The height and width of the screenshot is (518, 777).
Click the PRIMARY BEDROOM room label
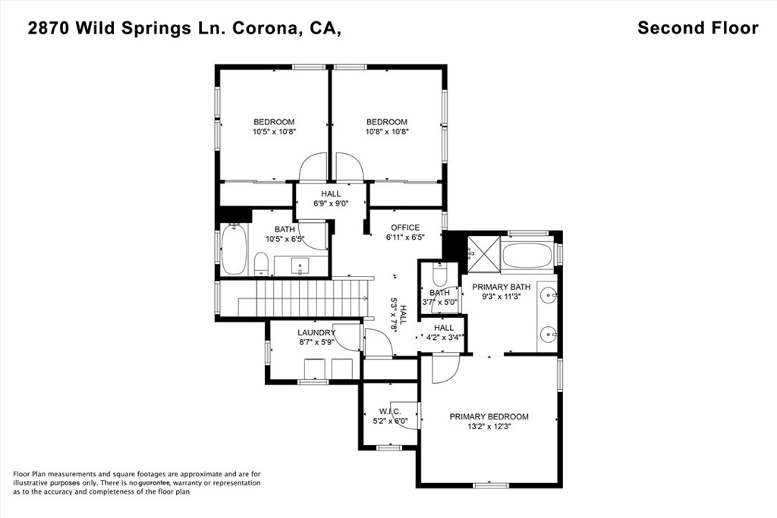click(489, 417)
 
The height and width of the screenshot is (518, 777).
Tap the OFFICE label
click(405, 228)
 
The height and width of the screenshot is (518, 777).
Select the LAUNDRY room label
click(316, 333)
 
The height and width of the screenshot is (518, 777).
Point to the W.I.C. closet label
click(390, 412)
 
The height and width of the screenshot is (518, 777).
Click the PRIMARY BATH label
click(501, 287)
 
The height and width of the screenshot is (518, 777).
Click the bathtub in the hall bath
click(234, 250)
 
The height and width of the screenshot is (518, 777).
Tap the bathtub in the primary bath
click(527, 256)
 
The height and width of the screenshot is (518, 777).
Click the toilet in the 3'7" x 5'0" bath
click(439, 272)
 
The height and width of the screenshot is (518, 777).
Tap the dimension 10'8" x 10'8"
click(387, 132)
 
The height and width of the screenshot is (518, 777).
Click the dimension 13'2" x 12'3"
click(489, 426)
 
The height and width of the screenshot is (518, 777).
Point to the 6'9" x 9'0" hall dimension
click(331, 203)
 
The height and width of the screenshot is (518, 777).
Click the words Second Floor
click(698, 28)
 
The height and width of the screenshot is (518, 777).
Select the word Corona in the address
click(266, 29)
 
